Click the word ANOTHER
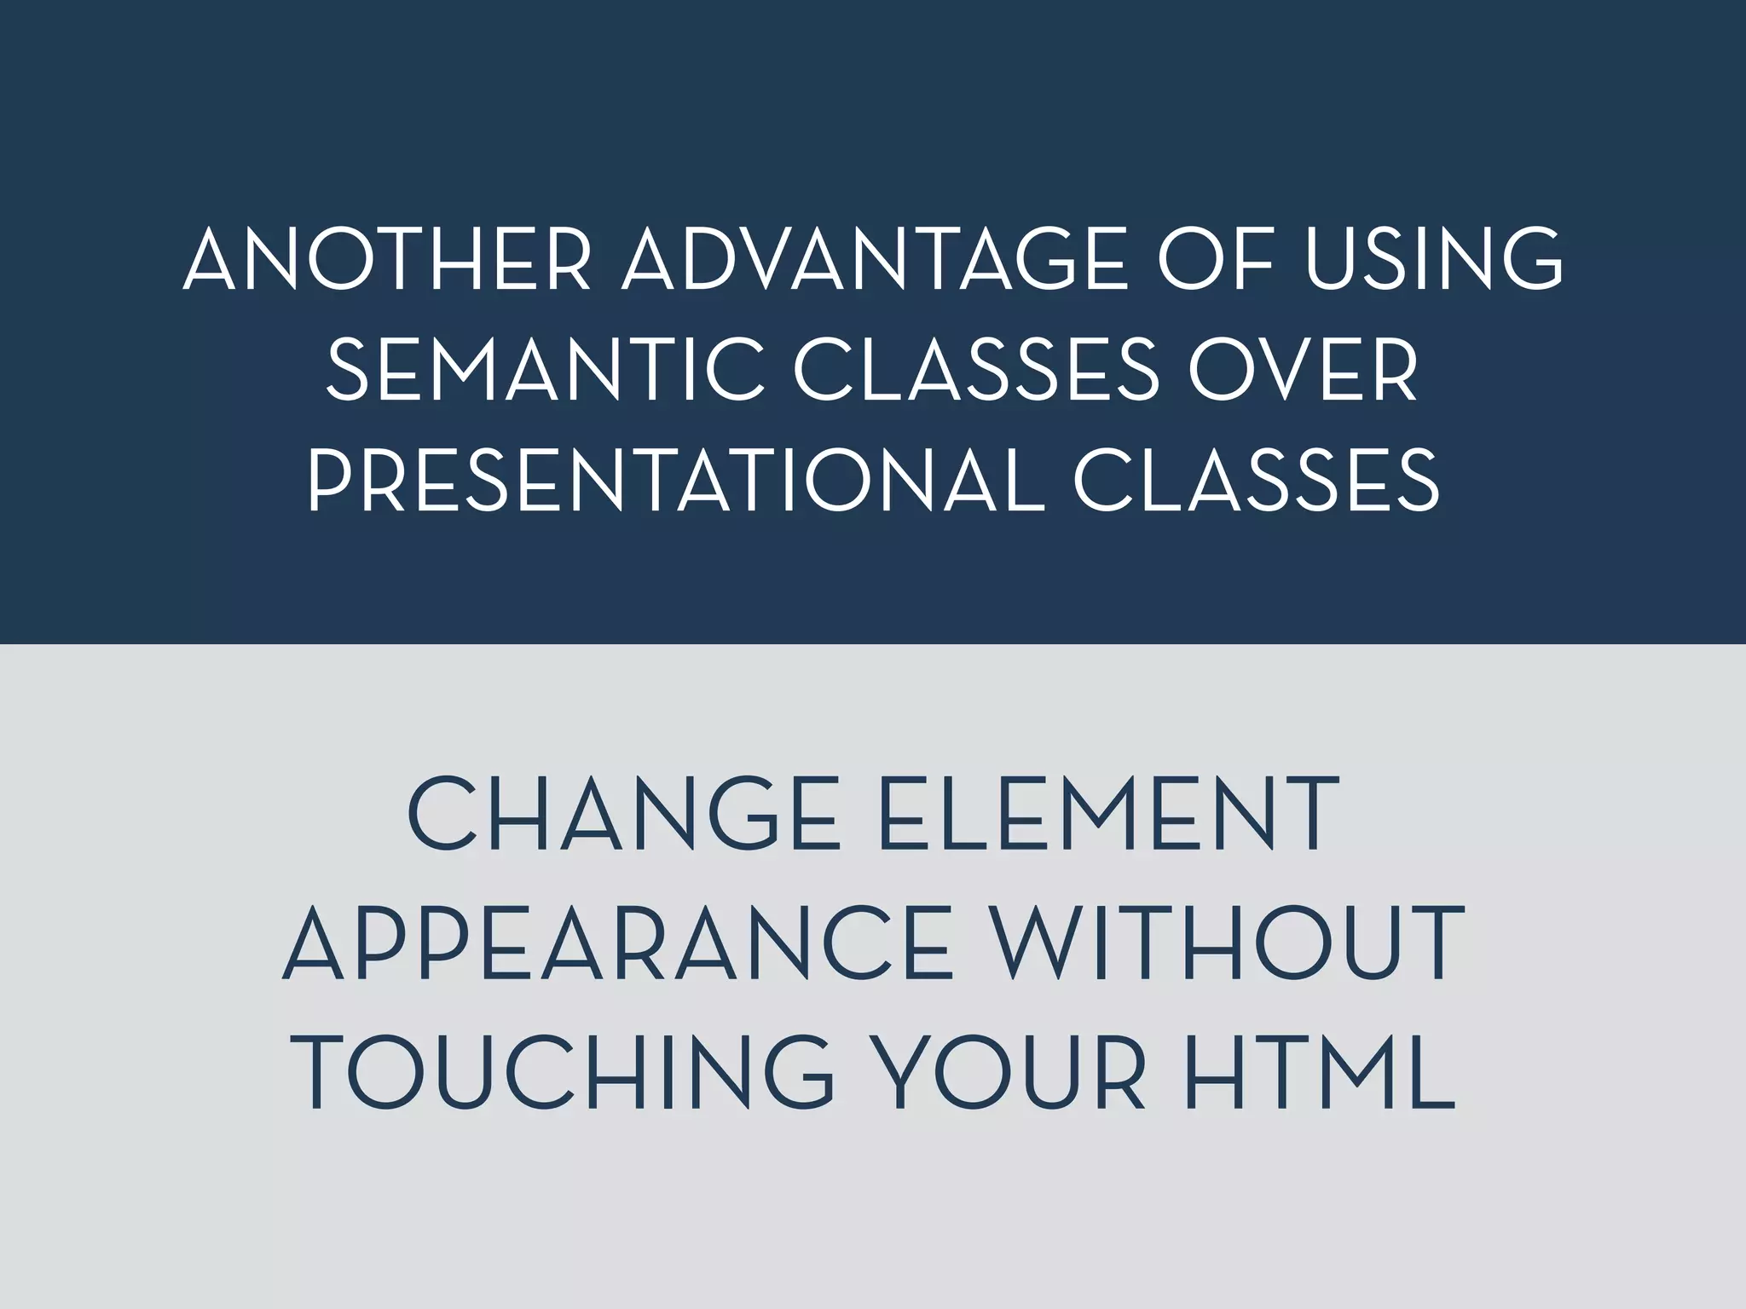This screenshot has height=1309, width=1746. pos(387,259)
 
